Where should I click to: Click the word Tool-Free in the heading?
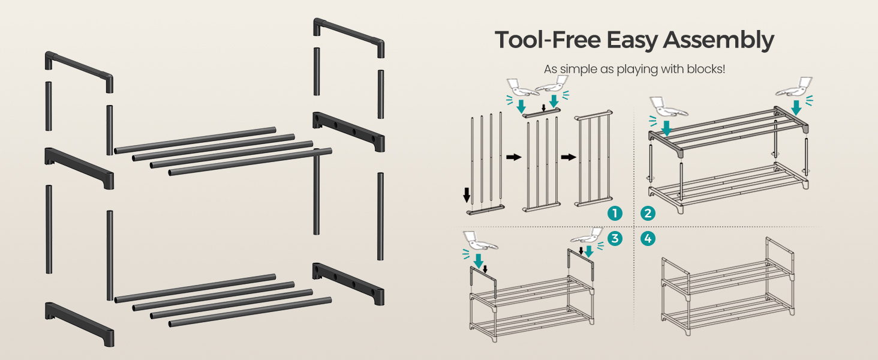pos(548,40)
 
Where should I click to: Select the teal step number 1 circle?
pos(615,214)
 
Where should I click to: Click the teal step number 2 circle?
pos(648,214)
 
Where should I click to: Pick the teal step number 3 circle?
pos(615,238)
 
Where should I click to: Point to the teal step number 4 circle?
pos(648,238)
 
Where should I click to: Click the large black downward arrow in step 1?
pos(467,195)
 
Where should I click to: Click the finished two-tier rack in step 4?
pos(728,286)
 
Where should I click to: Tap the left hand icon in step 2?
pos(667,107)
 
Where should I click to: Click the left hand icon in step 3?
pos(480,240)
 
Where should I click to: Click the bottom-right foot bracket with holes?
pos(348,284)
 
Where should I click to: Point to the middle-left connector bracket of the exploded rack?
pos(79,168)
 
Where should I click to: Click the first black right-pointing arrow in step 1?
pos(513,157)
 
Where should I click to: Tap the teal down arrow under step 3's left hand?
pos(478,261)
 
